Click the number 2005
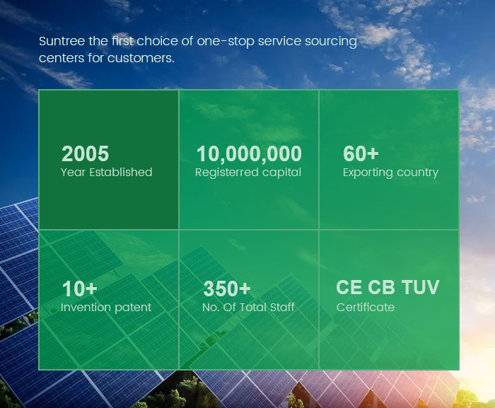click(x=86, y=153)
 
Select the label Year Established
click(x=106, y=172)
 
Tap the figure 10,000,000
click(x=249, y=154)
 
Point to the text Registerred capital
click(x=248, y=173)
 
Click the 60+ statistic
click(x=361, y=153)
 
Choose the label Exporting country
click(x=390, y=173)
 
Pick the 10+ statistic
click(x=79, y=288)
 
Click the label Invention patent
click(x=106, y=308)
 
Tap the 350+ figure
click(x=227, y=288)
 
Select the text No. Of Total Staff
click(x=248, y=308)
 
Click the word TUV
click(x=420, y=287)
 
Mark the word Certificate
click(x=366, y=308)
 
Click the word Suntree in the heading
click(x=62, y=41)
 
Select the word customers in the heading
click(x=141, y=58)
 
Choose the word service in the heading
click(x=279, y=42)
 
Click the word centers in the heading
click(x=62, y=58)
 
